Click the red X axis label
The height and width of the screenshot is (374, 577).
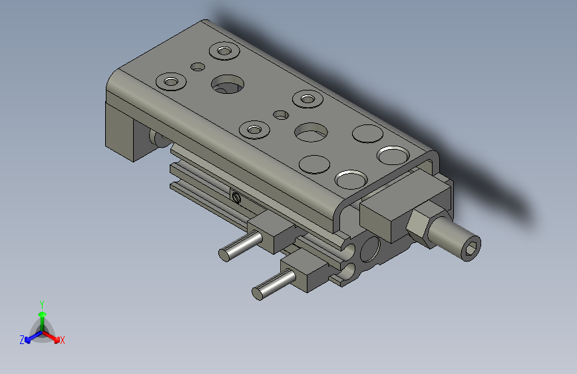click(63, 340)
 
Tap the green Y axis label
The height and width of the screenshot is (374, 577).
click(41, 303)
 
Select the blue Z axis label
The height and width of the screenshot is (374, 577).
click(22, 340)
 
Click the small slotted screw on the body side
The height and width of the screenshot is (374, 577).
click(236, 196)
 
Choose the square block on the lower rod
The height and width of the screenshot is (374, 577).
click(306, 274)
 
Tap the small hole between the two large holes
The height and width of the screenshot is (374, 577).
click(282, 114)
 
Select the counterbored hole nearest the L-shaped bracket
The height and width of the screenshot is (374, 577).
click(170, 82)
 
